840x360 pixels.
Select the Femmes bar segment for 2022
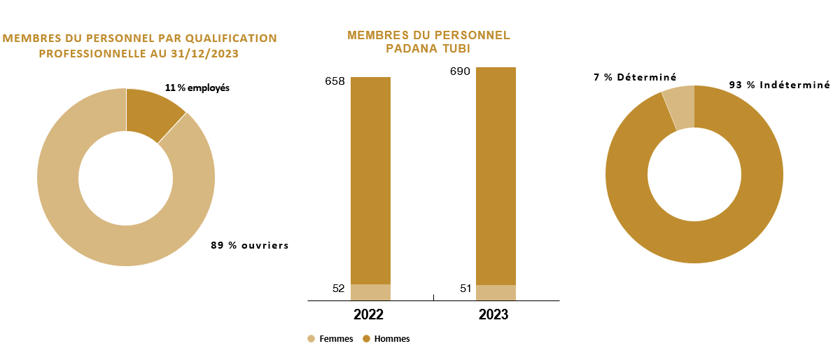[370, 292]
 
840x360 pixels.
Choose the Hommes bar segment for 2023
[496, 175]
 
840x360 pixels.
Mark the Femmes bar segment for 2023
[496, 293]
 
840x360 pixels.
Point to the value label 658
[335, 81]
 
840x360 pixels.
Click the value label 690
[460, 71]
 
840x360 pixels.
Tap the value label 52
[337, 288]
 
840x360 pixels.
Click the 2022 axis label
[368, 314]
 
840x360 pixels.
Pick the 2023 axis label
[493, 314]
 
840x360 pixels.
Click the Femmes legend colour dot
[311, 339]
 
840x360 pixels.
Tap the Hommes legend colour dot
[366, 339]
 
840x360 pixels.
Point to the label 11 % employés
[197, 88]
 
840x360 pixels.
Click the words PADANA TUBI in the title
[428, 49]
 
